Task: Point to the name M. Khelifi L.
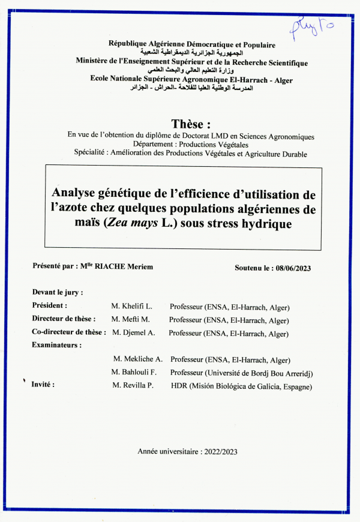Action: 132,306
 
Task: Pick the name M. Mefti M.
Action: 131,319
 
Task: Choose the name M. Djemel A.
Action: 131,333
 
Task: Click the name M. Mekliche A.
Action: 138,359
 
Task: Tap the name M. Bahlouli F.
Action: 136,373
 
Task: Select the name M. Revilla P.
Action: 133,386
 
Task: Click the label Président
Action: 50,305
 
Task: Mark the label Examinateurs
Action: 56,345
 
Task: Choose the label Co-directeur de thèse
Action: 69,332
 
